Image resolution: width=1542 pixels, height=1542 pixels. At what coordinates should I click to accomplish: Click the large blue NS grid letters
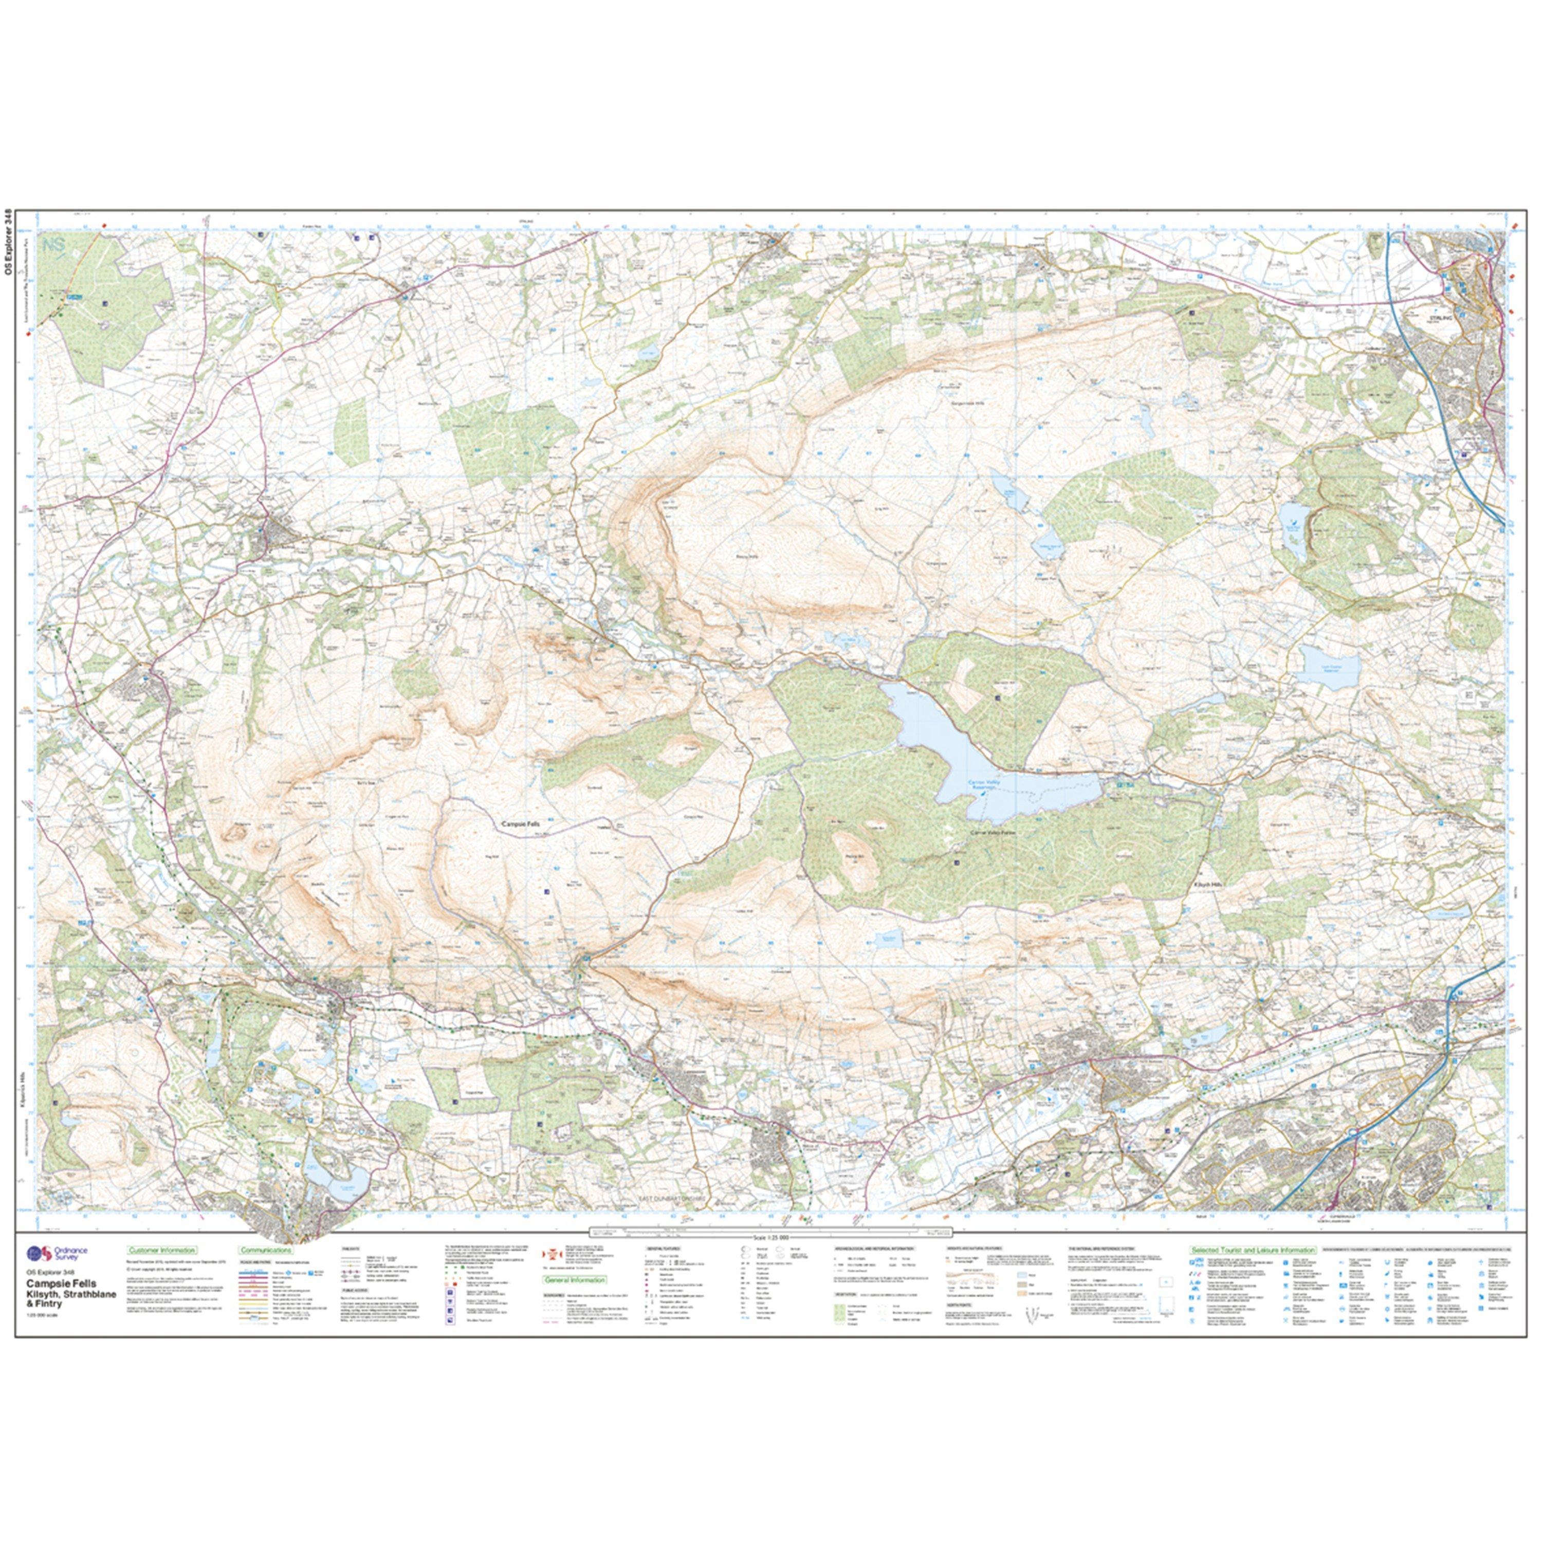[56, 245]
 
